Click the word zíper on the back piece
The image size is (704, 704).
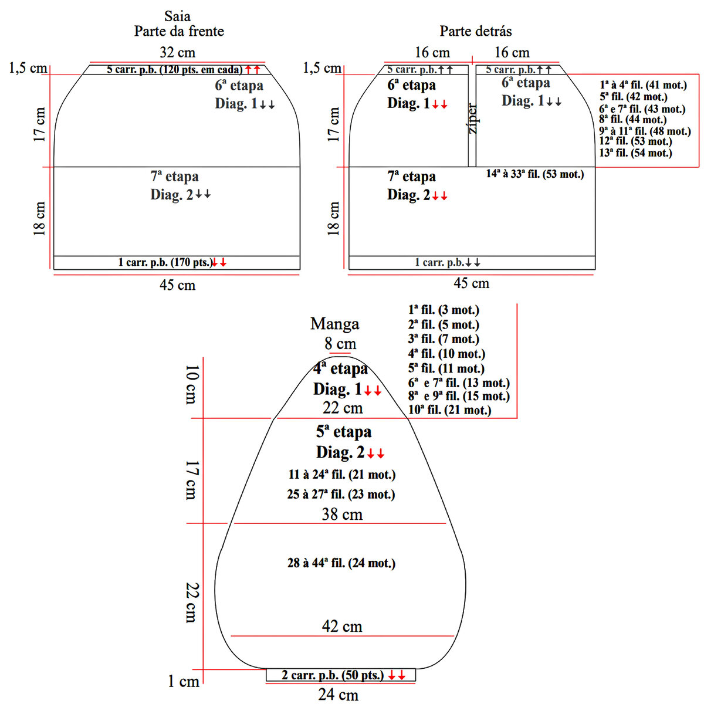[473, 119]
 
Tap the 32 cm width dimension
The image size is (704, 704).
[177, 52]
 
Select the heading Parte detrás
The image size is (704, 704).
[475, 31]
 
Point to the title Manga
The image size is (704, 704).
[334, 323]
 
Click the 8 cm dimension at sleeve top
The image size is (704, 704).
[340, 343]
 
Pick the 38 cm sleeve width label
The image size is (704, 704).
[342, 515]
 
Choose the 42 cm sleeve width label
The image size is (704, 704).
[342, 626]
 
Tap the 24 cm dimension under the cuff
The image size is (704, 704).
[338, 695]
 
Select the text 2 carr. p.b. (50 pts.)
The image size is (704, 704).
[332, 675]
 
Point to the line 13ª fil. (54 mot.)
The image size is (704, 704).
[635, 153]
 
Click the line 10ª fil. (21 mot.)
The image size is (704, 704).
[449, 410]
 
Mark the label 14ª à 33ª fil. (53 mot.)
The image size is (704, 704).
[534, 174]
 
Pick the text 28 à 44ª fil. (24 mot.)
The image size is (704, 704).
[341, 563]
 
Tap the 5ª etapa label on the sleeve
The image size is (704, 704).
[344, 432]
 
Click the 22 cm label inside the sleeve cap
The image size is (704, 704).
[343, 408]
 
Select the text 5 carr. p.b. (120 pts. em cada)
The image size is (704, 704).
[174, 70]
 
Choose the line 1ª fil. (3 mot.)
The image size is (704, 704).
[444, 310]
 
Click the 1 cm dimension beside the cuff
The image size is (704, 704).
[183, 682]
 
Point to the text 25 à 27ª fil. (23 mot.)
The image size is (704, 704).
[341, 495]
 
